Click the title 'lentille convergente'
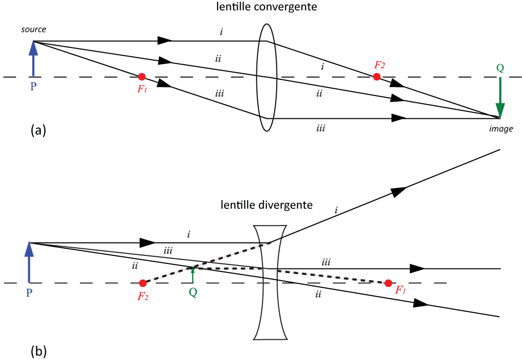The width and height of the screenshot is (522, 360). pos(267,7)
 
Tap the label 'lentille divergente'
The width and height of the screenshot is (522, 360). pos(267,205)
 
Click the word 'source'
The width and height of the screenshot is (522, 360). pos(33,29)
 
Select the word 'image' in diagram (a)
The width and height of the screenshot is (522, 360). pos(501,129)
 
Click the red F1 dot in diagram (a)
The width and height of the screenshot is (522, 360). pos(142,77)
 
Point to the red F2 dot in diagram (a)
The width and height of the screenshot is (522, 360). pos(376,77)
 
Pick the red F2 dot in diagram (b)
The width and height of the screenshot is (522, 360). pos(143,284)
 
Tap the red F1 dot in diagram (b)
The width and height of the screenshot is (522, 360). pos(388,284)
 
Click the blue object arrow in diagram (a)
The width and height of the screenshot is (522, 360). pos(33,59)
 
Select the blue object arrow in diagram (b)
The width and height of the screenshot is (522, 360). pos(29,262)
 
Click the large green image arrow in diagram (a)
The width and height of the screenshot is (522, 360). pos(500,98)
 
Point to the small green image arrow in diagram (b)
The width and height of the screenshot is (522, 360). pos(192,275)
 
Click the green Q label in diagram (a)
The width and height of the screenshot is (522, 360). pos(500,68)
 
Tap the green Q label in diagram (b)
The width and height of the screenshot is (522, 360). pos(193,292)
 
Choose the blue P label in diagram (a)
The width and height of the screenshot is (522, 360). pos(33,86)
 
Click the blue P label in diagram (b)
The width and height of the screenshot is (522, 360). pos(29,293)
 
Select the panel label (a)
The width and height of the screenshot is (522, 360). pos(38,130)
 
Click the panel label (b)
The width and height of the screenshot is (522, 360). pos(38,351)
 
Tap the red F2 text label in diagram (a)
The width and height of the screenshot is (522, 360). pos(379,65)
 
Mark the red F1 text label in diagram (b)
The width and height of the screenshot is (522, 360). pos(400,290)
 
